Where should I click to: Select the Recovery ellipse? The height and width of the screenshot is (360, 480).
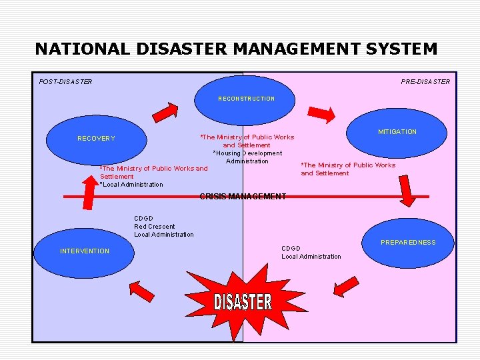click(96, 138)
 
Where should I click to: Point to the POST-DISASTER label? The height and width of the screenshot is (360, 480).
click(65, 82)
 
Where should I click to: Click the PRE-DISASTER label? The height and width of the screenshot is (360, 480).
click(425, 82)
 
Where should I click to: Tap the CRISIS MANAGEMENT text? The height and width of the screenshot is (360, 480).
click(243, 197)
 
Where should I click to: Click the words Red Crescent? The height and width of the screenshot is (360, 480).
click(154, 227)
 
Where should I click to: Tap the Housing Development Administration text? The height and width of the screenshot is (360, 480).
click(247, 157)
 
